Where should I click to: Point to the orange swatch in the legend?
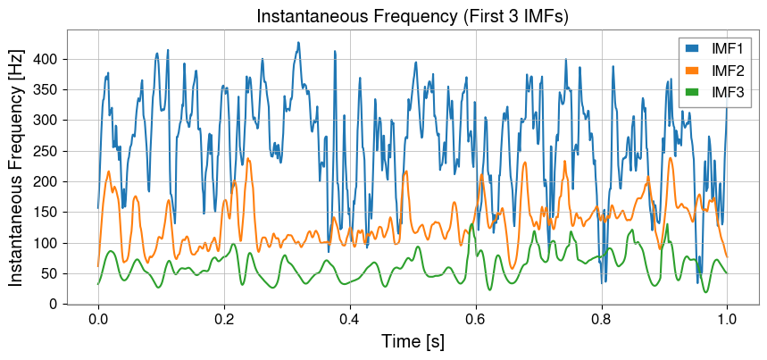(693, 71)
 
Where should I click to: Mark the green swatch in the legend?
(693, 92)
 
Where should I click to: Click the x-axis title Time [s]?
(413, 342)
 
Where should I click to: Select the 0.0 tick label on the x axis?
(98, 320)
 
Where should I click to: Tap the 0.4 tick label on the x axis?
(350, 320)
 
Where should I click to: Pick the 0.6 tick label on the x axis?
(476, 320)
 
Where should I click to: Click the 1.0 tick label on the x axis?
(727, 320)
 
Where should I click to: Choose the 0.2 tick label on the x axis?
(224, 320)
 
